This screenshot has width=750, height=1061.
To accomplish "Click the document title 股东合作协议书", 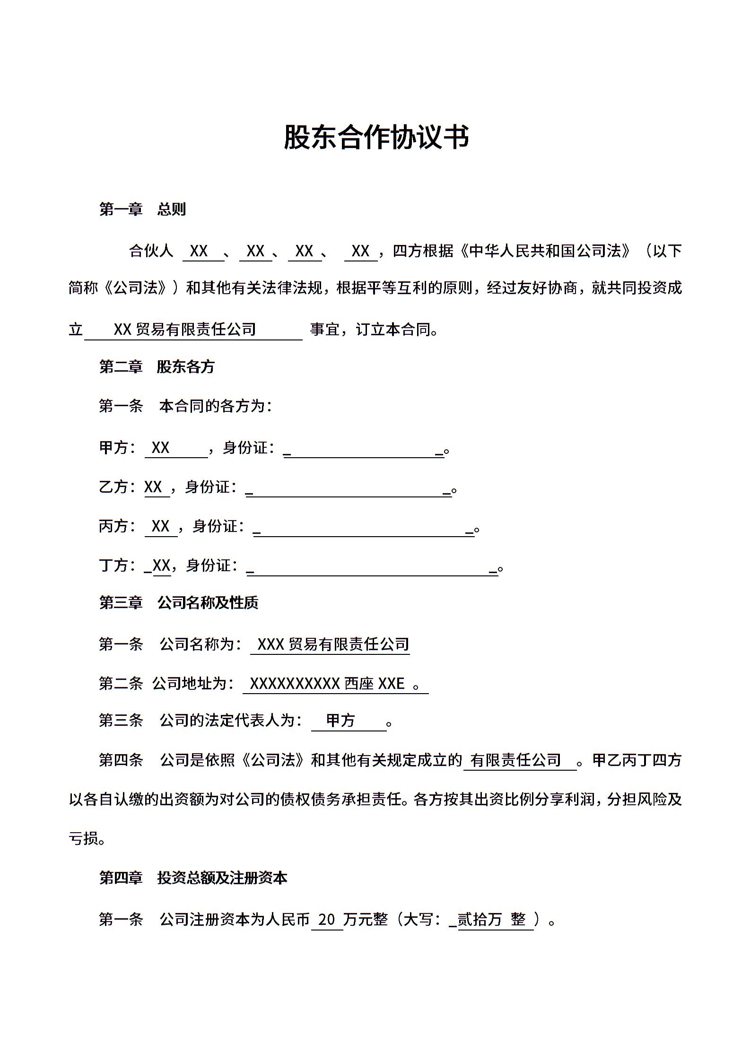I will point(376,138).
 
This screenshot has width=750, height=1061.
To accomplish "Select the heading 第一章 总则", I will point(142,209).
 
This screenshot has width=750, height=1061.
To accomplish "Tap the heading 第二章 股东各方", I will point(157,366).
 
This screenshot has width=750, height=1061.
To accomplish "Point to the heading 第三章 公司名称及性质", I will point(178,602).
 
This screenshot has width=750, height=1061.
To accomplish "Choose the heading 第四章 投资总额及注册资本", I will point(193,878).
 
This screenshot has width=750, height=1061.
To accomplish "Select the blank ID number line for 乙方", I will point(349,489).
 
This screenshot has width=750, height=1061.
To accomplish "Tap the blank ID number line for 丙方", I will point(364,529).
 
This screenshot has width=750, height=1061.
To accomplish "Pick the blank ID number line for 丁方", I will point(372,568).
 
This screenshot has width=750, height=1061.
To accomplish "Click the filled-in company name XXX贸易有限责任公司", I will point(333,644).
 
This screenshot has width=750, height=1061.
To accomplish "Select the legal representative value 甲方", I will point(340,721).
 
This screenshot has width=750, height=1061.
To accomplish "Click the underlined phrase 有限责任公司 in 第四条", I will point(515,760).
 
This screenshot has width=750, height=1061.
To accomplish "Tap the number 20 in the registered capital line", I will point(327,920).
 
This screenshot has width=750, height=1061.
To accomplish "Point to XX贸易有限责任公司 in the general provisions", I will point(185,329).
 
